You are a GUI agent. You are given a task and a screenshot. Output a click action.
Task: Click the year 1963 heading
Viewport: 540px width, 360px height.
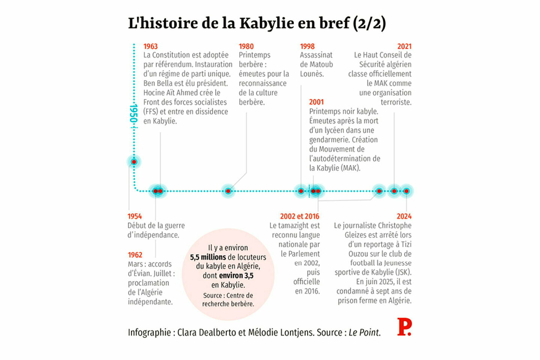pyautogui.click(x=150, y=46)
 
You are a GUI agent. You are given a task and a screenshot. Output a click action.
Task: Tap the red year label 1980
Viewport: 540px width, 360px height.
pyautogui.click(x=246, y=46)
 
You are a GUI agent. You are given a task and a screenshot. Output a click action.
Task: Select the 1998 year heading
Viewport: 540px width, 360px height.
pyautogui.click(x=307, y=46)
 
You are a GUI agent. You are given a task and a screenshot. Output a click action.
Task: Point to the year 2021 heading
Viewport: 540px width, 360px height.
pyautogui.click(x=404, y=46)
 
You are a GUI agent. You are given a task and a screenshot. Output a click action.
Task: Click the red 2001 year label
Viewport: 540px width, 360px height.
pyautogui.click(x=316, y=102)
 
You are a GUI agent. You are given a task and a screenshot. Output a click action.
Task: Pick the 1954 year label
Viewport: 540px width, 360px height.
pyautogui.click(x=135, y=216)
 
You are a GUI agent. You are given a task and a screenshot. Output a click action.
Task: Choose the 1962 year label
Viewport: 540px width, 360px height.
pyautogui.click(x=135, y=255)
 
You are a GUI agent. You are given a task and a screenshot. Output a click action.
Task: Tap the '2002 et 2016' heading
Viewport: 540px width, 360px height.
pyautogui.click(x=300, y=216)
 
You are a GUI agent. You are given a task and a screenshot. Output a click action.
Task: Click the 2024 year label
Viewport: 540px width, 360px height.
pyautogui.click(x=404, y=216)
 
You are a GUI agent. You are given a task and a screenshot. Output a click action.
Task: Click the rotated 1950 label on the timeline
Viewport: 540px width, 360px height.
pyautogui.click(x=133, y=114)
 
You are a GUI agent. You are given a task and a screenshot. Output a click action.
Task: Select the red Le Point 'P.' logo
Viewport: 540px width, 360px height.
pyautogui.click(x=404, y=327)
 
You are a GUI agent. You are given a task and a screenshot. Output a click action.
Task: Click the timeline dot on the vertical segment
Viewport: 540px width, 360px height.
pyautogui.click(x=134, y=162)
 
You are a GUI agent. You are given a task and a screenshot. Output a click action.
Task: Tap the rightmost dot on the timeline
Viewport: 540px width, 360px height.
pyautogui.click(x=406, y=191)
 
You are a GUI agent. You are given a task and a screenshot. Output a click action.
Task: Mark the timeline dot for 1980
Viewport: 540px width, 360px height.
pyautogui.click(x=228, y=191)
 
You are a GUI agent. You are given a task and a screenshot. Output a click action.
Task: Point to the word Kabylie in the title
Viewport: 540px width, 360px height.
pyautogui.click(x=267, y=23)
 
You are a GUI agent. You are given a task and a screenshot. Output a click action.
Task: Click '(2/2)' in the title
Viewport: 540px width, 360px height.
pyautogui.click(x=369, y=23)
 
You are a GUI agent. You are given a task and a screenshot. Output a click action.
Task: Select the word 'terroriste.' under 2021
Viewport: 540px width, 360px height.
pyautogui.click(x=396, y=102)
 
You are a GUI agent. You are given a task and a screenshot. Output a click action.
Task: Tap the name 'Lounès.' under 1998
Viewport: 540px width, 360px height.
pyautogui.click(x=312, y=74)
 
